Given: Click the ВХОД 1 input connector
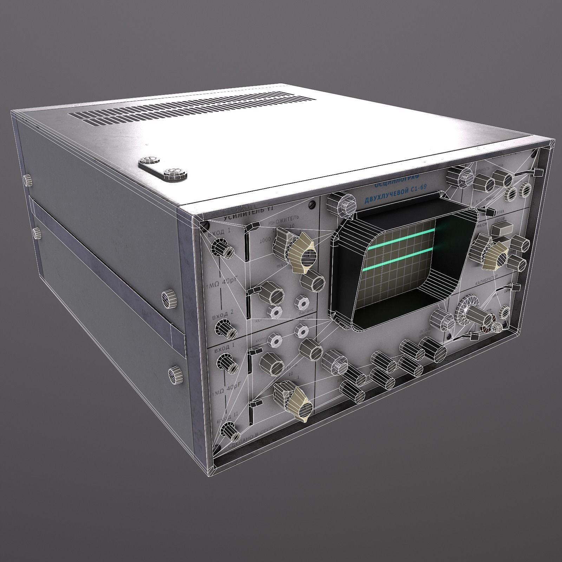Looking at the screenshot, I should (221, 249).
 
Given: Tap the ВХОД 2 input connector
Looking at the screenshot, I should (226, 329).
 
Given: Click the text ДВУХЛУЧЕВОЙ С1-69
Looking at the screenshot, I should (395, 193).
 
